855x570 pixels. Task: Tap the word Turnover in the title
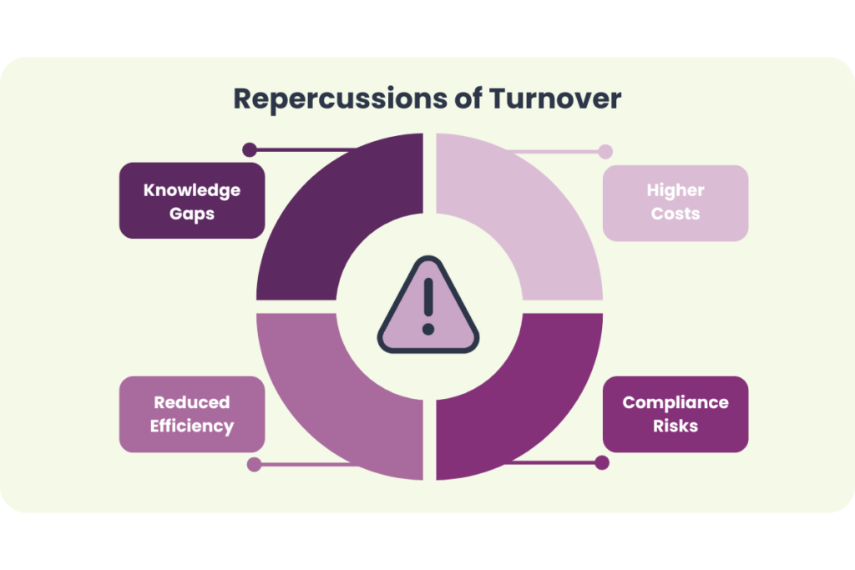click(x=555, y=98)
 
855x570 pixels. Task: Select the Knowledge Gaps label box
click(x=191, y=200)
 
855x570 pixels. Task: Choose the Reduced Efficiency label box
click(x=191, y=414)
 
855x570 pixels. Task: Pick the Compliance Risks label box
click(x=675, y=414)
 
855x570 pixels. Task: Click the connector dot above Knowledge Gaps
click(x=249, y=150)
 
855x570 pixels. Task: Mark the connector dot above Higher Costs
click(x=605, y=152)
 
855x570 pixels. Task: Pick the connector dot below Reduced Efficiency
click(x=254, y=464)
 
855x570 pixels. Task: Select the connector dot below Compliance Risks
click(x=602, y=462)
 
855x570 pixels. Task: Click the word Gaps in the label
click(x=192, y=214)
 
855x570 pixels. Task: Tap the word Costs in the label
click(x=675, y=214)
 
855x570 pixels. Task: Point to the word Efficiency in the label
click(x=192, y=426)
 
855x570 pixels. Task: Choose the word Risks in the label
click(x=675, y=426)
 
